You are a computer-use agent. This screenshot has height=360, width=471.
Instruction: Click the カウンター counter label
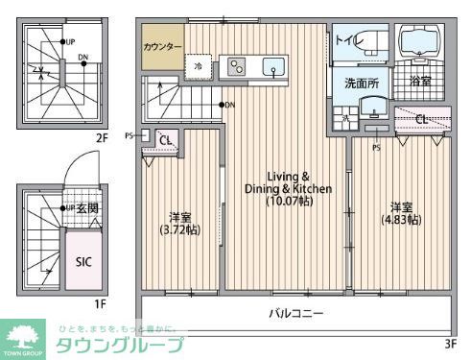(162, 46)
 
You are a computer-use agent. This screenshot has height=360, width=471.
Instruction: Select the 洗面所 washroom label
(361, 82)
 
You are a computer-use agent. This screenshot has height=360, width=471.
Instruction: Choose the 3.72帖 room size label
(179, 230)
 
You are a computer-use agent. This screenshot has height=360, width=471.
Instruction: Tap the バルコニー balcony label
(295, 313)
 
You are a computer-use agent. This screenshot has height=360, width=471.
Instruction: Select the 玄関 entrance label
(88, 208)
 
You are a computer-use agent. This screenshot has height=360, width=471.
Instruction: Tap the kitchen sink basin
(273, 67)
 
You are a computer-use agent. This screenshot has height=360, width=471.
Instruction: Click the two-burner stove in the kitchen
(236, 66)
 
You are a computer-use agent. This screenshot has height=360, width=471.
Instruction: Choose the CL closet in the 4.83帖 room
(421, 118)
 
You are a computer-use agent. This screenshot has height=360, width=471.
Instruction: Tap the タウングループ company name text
(120, 343)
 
